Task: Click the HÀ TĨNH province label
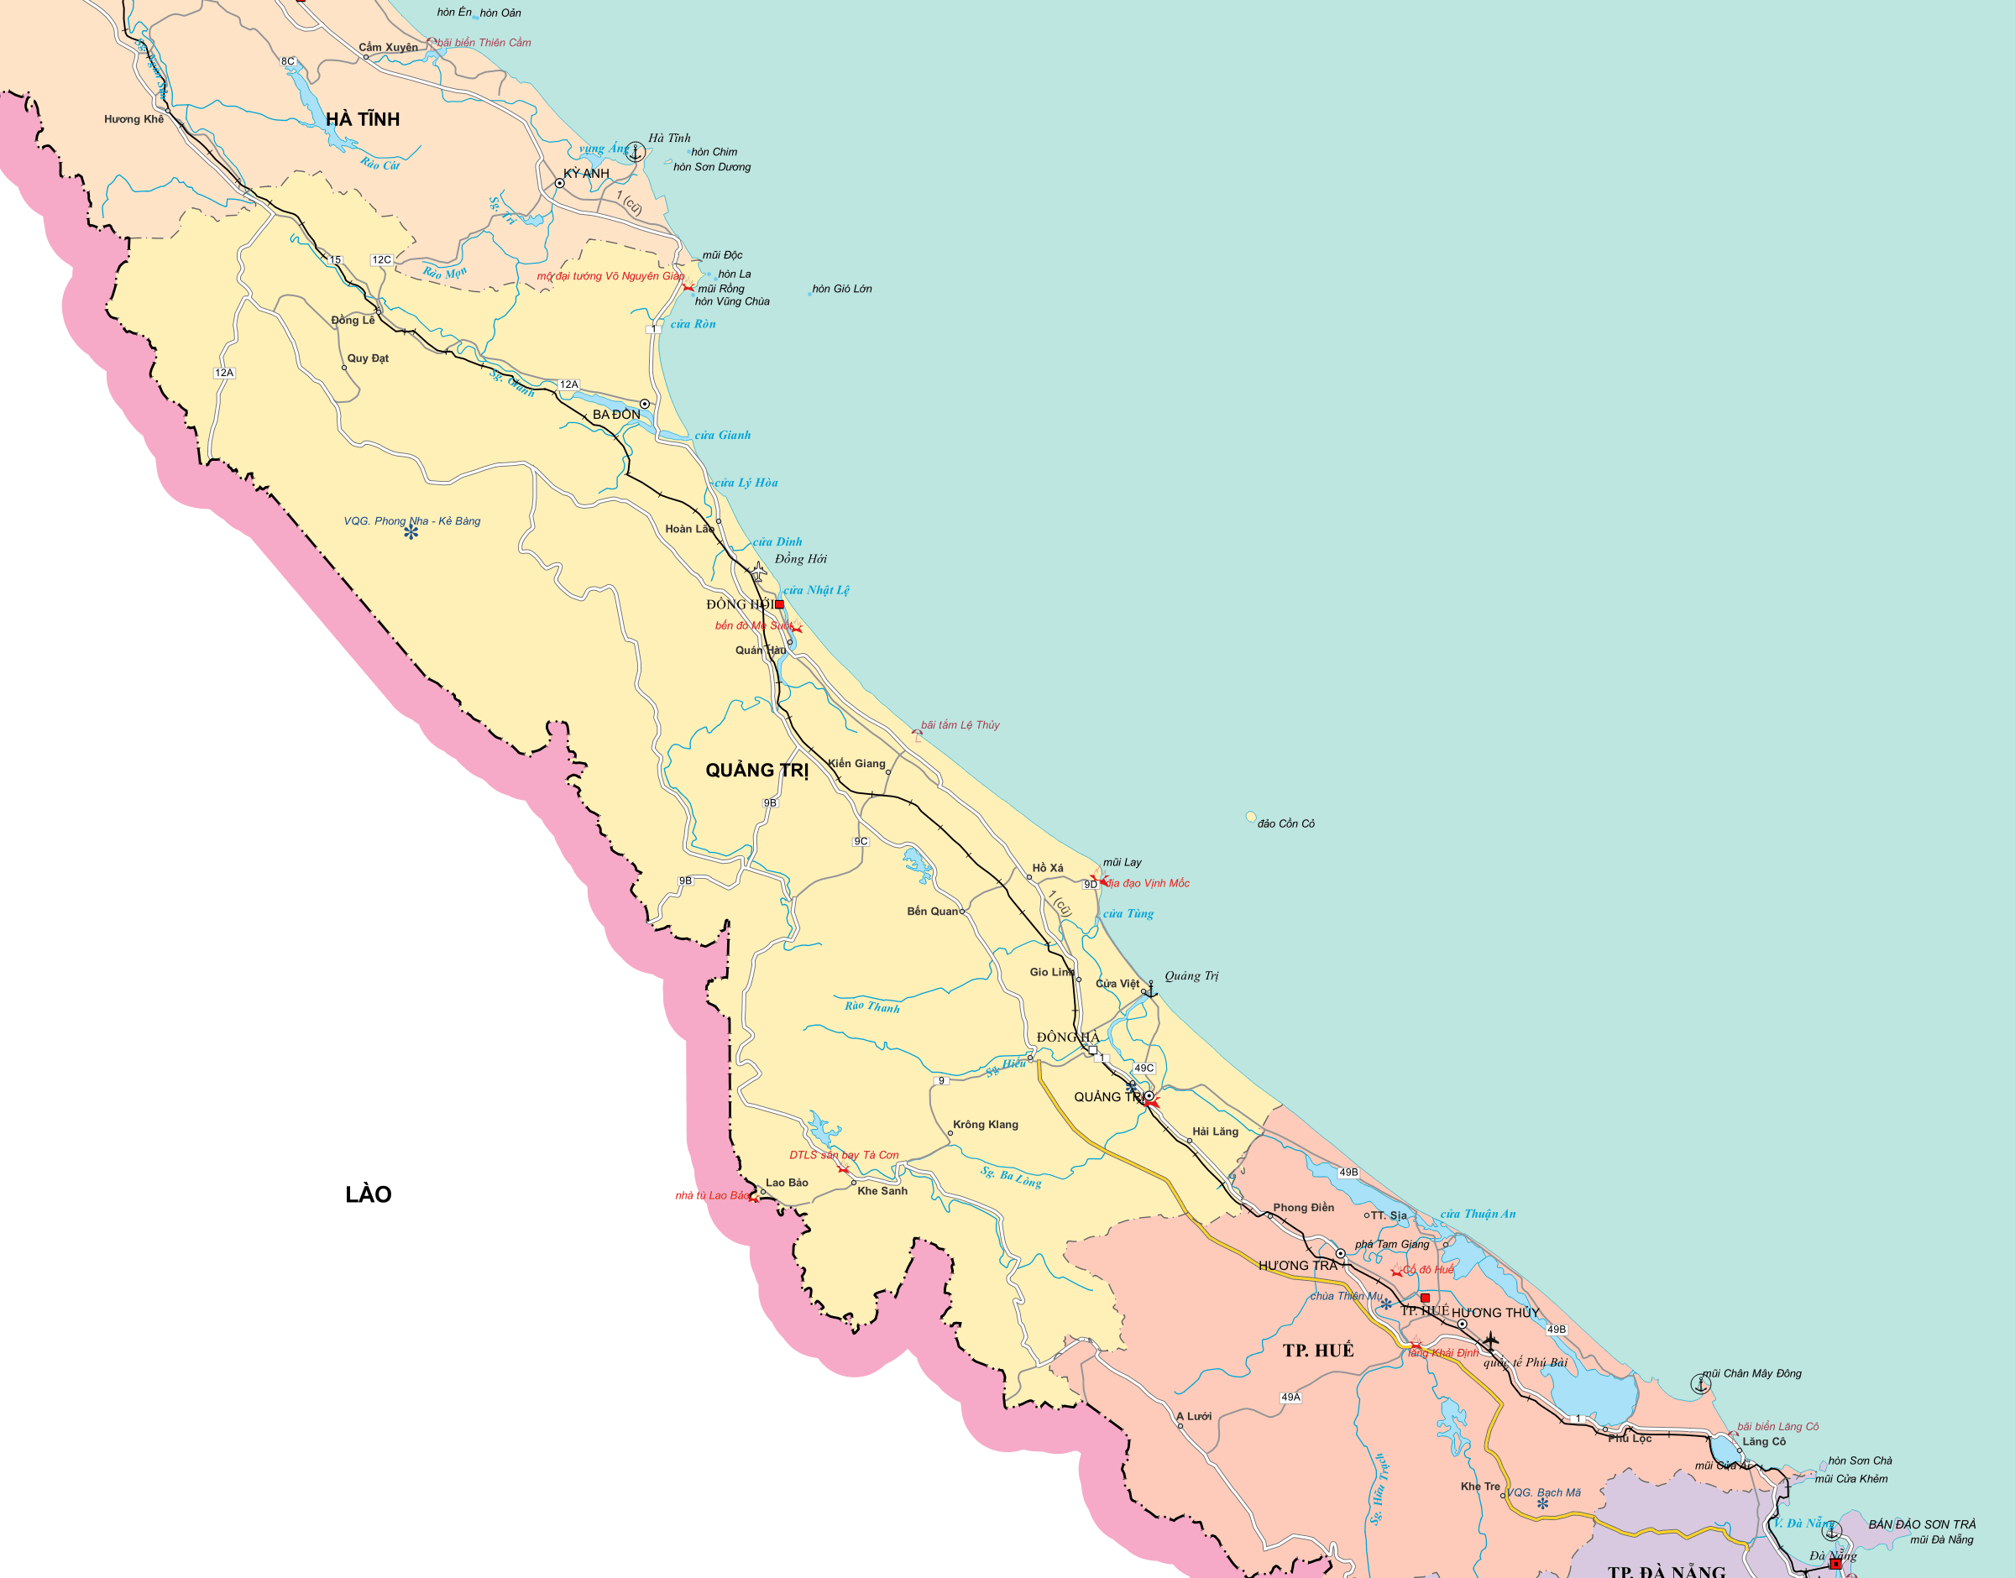362,119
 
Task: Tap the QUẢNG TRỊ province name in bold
756,771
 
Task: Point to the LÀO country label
368,1194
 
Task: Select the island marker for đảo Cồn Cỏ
1251,817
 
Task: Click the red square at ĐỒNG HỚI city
779,604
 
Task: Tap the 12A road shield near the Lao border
224,374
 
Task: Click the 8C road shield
288,62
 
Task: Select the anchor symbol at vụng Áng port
636,152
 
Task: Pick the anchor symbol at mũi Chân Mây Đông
1701,1383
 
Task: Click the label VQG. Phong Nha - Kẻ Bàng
412,521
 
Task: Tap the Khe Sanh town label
882,1191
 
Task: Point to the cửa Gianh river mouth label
723,435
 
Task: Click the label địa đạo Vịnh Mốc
1149,883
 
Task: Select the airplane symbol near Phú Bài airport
1490,1340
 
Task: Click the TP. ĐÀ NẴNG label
1667,1570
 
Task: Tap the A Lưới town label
1194,1416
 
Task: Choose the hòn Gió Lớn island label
841,290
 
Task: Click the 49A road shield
1290,1397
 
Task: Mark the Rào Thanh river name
871,1006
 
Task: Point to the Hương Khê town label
134,119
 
